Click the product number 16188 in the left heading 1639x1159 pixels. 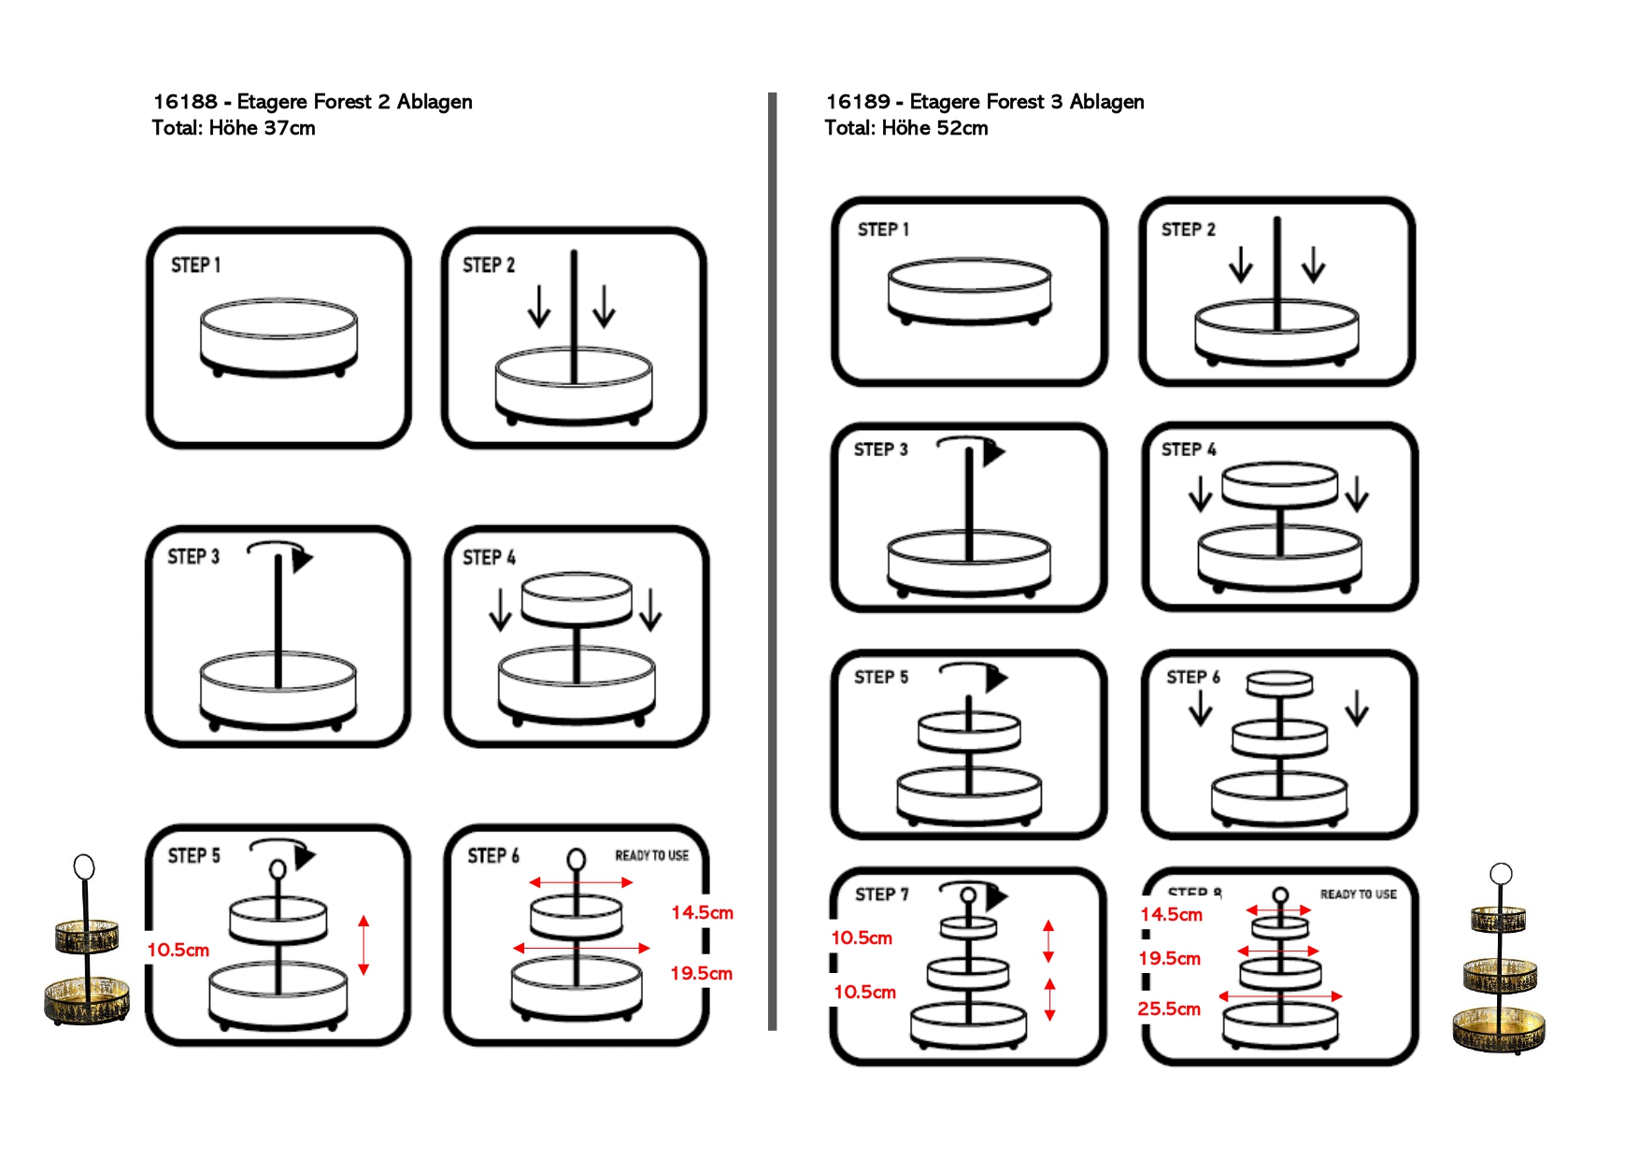pyautogui.click(x=185, y=101)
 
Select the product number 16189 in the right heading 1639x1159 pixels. pyautogui.click(x=858, y=101)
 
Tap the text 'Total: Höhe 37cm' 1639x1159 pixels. pyautogui.click(x=234, y=128)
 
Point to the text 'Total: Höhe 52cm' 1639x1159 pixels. pyautogui.click(x=905, y=128)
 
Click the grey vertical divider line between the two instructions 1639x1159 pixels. pyautogui.click(x=772, y=561)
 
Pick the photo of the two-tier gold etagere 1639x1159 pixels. pyautogui.click(x=86, y=944)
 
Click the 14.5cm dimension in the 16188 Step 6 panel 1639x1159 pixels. pyautogui.click(x=702, y=912)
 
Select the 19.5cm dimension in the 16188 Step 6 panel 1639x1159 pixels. pyautogui.click(x=701, y=973)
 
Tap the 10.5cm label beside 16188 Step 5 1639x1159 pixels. pyautogui.click(x=178, y=950)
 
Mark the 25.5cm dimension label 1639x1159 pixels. pyautogui.click(x=1168, y=1009)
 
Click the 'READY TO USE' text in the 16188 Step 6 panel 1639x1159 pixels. pyautogui.click(x=651, y=855)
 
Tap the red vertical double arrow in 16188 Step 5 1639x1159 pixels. pyautogui.click(x=363, y=945)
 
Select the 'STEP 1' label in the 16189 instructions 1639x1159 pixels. pyautogui.click(x=883, y=229)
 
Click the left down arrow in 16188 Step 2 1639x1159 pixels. pyautogui.click(x=539, y=307)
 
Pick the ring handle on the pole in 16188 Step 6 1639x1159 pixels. pyautogui.click(x=577, y=859)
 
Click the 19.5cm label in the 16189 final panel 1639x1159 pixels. pyautogui.click(x=1169, y=958)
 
